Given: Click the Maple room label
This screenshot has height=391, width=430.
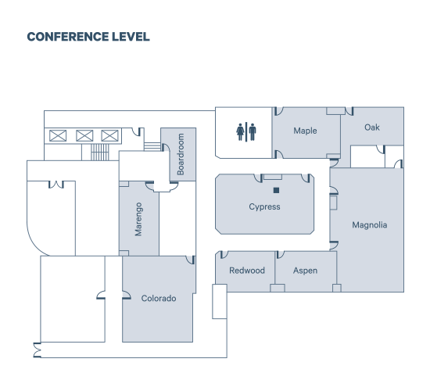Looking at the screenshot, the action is tap(305, 131).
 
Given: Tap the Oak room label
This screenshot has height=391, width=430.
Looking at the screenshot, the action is tap(372, 127).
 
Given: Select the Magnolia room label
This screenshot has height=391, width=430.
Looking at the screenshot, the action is tap(370, 225).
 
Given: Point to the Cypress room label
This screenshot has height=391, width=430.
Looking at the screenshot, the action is tap(264, 206).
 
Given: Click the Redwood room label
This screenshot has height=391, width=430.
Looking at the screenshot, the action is tap(247, 271).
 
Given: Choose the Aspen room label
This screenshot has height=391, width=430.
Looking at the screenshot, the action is tap(305, 271).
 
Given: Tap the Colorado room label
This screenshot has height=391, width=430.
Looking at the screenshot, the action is tap(159, 298).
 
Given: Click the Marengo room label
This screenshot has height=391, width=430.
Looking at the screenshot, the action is tap(138, 219).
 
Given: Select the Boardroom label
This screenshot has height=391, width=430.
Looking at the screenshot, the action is tap(181, 154).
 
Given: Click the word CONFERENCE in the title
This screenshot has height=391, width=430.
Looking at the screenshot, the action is tap(68, 37).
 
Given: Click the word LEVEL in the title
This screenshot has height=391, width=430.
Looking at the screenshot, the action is tap(131, 37).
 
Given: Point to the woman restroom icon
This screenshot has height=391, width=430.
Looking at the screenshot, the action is tap(240, 132).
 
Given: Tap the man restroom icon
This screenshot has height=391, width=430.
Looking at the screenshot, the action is tap(253, 132).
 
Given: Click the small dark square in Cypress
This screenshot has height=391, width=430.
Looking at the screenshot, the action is tap(277, 190).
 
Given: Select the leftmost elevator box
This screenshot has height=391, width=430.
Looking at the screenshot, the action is tap(58, 136).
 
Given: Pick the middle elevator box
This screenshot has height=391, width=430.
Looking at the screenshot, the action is tap(84, 136).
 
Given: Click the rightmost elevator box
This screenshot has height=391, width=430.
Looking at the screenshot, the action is tap(109, 136).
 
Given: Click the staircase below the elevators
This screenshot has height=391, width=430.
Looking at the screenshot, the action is tap(100, 152).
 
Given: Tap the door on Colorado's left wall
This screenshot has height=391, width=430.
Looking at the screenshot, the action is tap(126, 296).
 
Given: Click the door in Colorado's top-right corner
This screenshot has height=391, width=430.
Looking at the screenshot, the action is tap(191, 260).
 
